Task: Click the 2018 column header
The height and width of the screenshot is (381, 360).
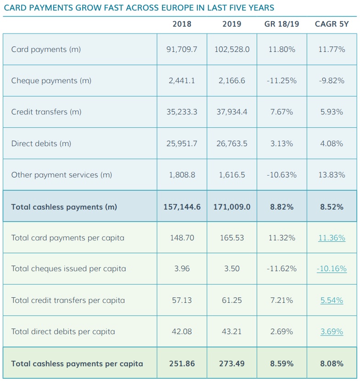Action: [182, 24]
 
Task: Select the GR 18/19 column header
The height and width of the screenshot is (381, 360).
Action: [281, 24]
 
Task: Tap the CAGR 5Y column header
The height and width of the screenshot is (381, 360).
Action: [332, 24]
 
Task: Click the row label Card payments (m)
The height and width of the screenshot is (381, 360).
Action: [46, 49]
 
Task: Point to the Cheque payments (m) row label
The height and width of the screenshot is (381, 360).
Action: [51, 80]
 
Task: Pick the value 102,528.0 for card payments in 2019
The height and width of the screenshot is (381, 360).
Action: [232, 49]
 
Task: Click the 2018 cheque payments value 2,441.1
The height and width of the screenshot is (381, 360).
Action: [182, 80]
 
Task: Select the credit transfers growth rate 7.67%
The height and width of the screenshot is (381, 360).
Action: [281, 112]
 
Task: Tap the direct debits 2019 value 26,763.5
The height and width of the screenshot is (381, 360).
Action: [232, 143]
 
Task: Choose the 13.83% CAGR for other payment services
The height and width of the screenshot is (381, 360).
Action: [332, 175]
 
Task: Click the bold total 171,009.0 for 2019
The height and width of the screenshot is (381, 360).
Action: [232, 207]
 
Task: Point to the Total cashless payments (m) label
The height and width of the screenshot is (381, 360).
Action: [64, 207]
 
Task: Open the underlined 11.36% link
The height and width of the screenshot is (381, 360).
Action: [332, 238]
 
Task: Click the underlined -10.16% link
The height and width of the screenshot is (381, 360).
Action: [332, 269]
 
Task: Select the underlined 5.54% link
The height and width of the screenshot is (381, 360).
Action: [332, 300]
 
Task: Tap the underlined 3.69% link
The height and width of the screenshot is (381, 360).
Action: [332, 331]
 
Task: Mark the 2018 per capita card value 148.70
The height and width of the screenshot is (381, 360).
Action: [182, 238]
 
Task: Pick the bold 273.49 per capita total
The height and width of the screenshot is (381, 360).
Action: [232, 364]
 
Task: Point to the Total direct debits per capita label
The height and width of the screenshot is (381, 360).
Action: [63, 331]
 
